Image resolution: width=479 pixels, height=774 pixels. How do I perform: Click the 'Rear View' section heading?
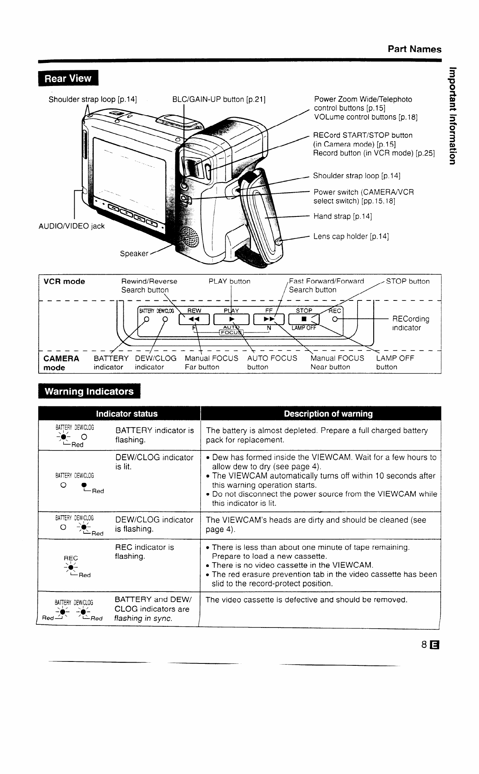point(68,79)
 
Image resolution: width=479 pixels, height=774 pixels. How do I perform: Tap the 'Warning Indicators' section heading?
point(89,391)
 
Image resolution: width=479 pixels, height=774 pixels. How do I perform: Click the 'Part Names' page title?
point(414,49)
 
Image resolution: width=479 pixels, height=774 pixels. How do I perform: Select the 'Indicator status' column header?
point(127,414)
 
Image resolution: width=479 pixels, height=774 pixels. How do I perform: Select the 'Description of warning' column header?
point(328,414)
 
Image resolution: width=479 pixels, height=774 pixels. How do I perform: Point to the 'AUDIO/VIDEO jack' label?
point(71,226)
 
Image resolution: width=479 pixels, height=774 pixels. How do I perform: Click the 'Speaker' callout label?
point(134,254)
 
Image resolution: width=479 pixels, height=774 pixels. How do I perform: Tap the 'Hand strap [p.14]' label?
point(342,216)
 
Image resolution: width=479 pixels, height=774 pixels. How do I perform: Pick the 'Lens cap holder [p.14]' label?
point(351,236)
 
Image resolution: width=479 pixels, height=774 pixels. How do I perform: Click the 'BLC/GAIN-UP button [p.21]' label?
point(219,99)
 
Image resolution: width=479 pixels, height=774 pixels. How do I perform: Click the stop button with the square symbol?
point(303,320)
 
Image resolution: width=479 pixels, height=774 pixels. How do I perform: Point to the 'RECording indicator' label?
point(410,323)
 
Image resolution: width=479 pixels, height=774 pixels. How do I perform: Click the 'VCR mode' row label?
point(64,282)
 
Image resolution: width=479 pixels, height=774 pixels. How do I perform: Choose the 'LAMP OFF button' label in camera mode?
point(395,363)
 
